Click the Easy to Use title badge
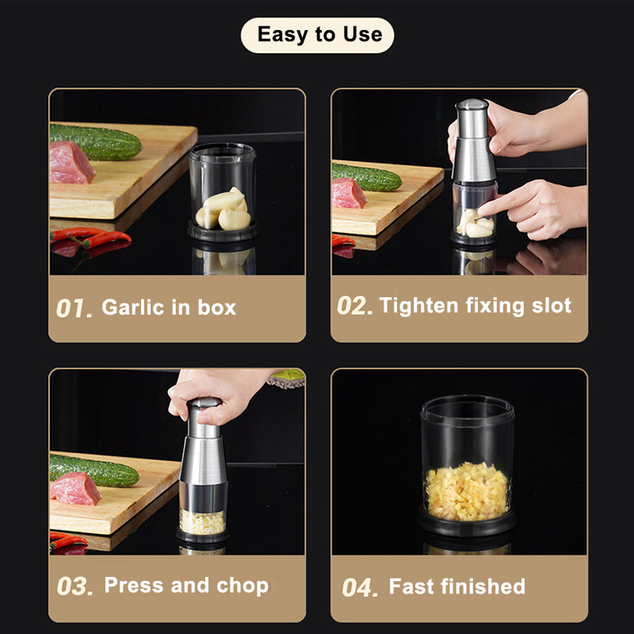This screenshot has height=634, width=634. (x=318, y=35)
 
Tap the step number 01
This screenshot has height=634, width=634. (x=74, y=308)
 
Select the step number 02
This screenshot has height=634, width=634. (x=354, y=306)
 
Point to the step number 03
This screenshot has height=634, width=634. (x=74, y=586)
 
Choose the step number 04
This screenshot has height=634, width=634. (x=360, y=587)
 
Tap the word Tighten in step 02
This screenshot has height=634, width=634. (x=418, y=305)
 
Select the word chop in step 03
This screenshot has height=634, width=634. (x=243, y=586)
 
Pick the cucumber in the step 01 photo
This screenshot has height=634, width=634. (x=95, y=142)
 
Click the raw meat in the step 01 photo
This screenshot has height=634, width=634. (x=72, y=162)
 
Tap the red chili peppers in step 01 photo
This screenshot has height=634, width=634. (x=90, y=239)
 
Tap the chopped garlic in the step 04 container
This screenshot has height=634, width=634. (x=467, y=491)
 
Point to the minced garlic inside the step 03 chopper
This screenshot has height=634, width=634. (x=202, y=522)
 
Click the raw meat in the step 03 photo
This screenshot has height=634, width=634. (x=75, y=488)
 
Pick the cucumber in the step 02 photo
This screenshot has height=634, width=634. (x=366, y=177)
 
